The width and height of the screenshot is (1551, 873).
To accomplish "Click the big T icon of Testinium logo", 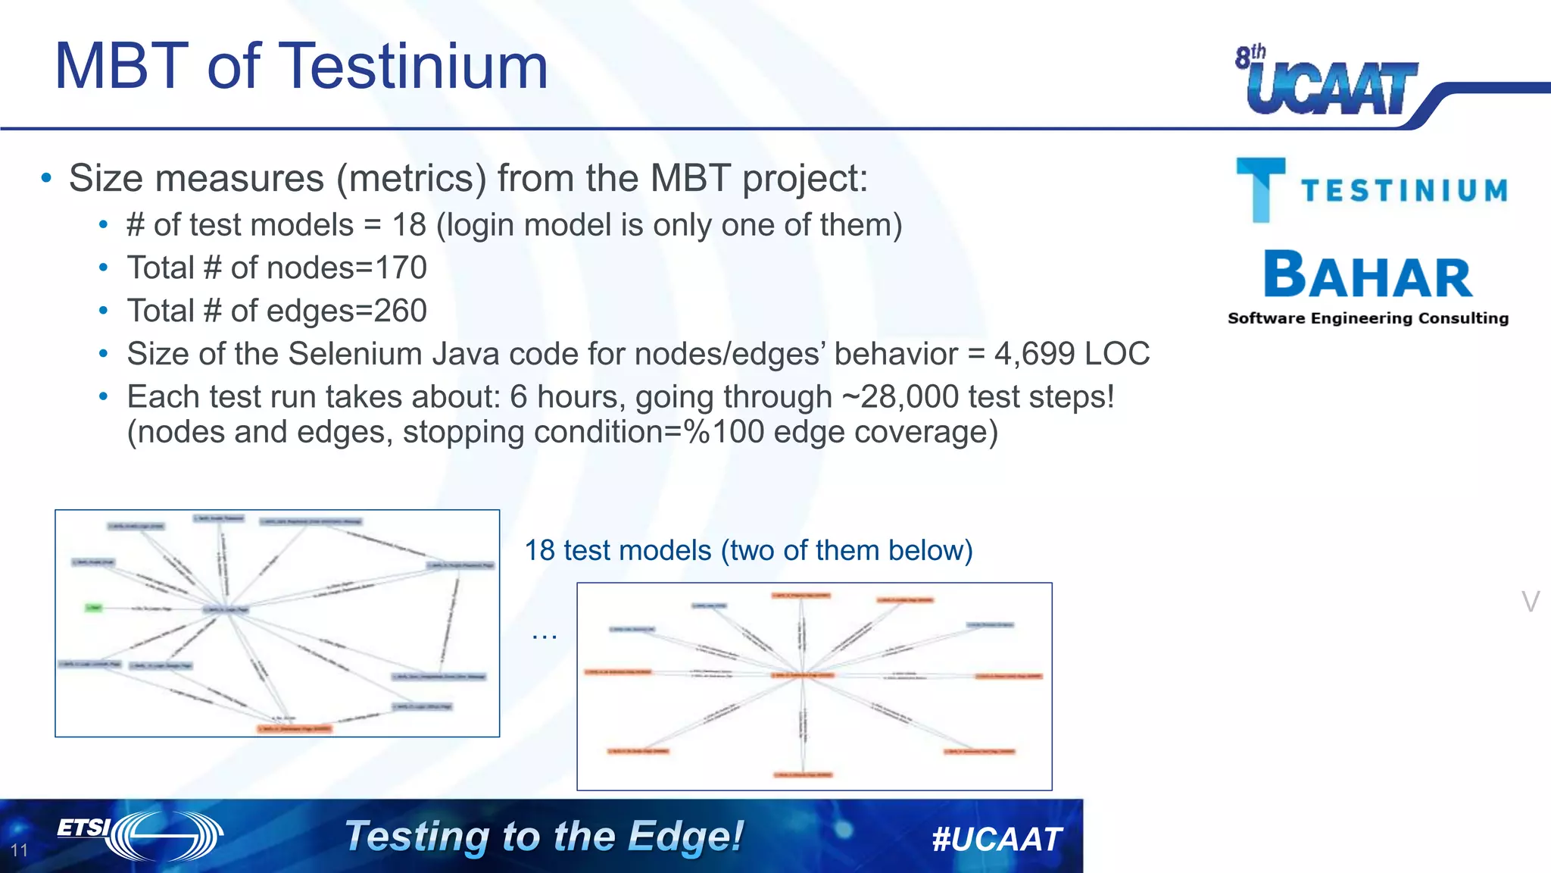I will [1260, 189].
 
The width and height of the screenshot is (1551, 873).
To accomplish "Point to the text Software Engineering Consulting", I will [1368, 318].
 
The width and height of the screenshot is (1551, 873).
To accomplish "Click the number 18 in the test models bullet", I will [409, 225].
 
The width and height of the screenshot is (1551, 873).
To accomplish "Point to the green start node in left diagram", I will [93, 608].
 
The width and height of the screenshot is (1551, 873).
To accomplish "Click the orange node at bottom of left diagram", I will [295, 729].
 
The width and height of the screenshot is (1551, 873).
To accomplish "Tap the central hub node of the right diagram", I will [803, 674].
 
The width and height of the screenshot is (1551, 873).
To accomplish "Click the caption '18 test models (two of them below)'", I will [748, 550].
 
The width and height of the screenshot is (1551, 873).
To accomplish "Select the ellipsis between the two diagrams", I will [544, 635].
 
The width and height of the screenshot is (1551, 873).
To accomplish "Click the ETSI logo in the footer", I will [140, 835].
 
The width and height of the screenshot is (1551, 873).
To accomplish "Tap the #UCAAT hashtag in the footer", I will [997, 839].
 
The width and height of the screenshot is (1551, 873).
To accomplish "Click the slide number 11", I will [20, 850].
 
